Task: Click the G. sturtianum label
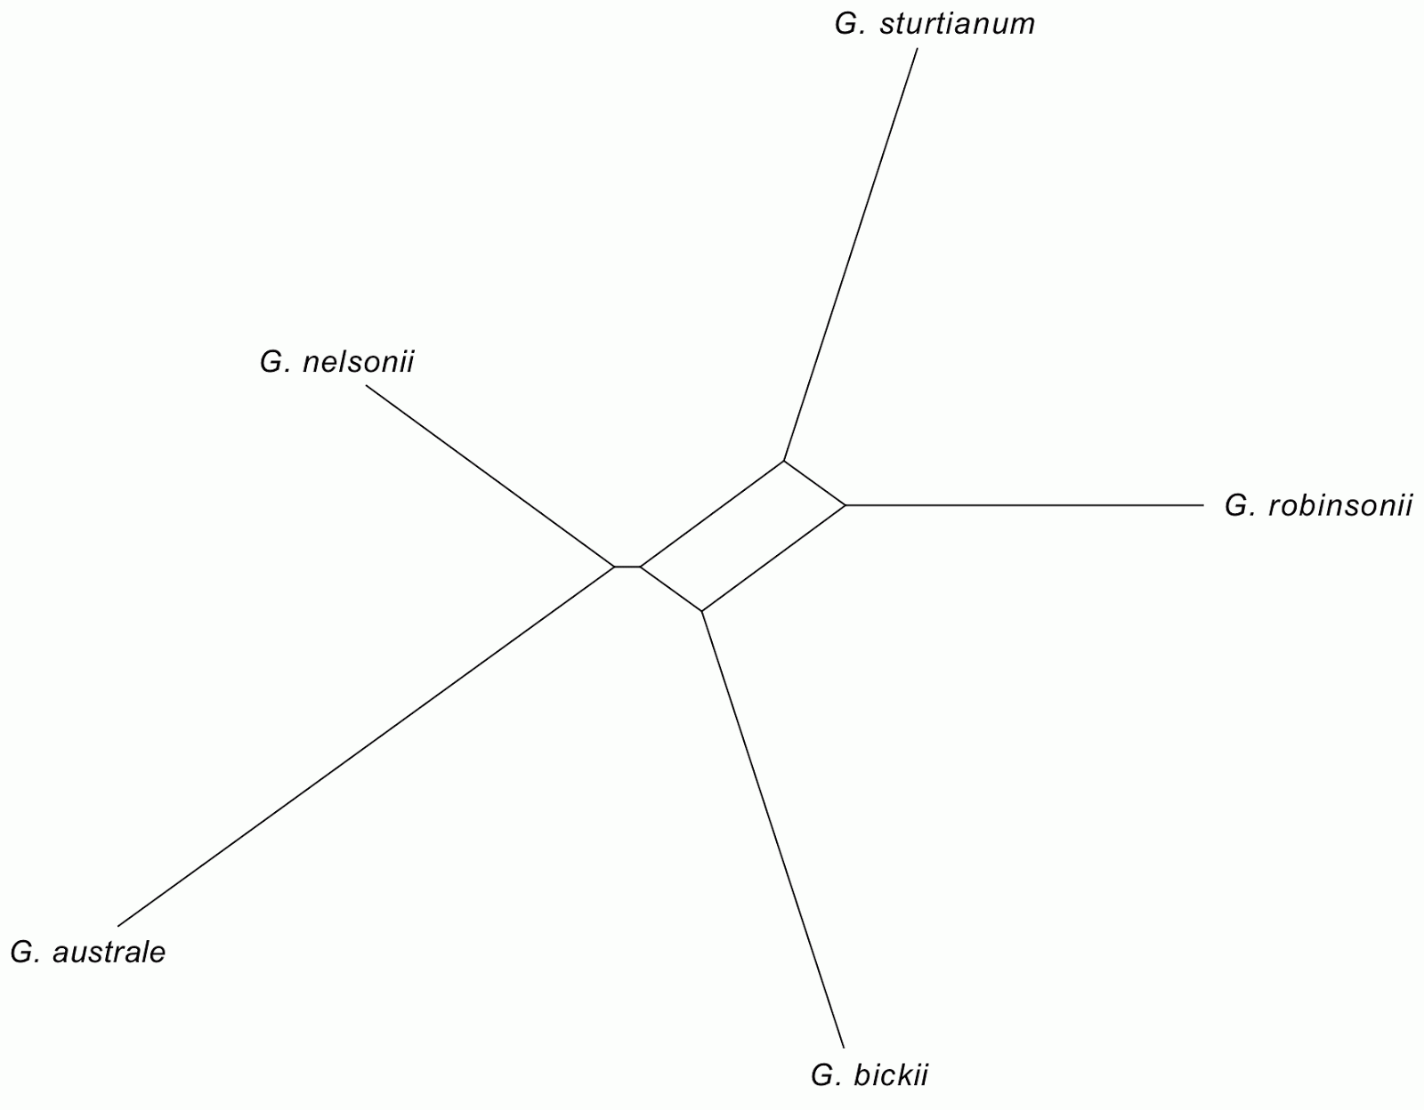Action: point(934,24)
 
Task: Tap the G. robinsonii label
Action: point(1318,506)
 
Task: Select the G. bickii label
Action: point(869,1076)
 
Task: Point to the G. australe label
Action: point(87,953)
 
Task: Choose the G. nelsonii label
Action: point(336,363)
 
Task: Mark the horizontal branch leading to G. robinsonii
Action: point(1023,505)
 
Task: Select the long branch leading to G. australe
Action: point(365,746)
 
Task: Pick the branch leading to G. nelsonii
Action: point(489,475)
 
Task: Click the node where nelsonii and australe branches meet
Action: point(615,567)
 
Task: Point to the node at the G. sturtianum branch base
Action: point(783,461)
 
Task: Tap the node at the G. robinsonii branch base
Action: point(845,505)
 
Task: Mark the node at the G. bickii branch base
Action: point(702,611)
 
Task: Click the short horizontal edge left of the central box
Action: point(627,567)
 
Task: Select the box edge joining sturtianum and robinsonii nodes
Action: point(814,483)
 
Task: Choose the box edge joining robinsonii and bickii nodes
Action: point(773,558)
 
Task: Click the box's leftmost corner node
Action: point(640,567)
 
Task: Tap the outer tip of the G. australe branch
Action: point(117,926)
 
